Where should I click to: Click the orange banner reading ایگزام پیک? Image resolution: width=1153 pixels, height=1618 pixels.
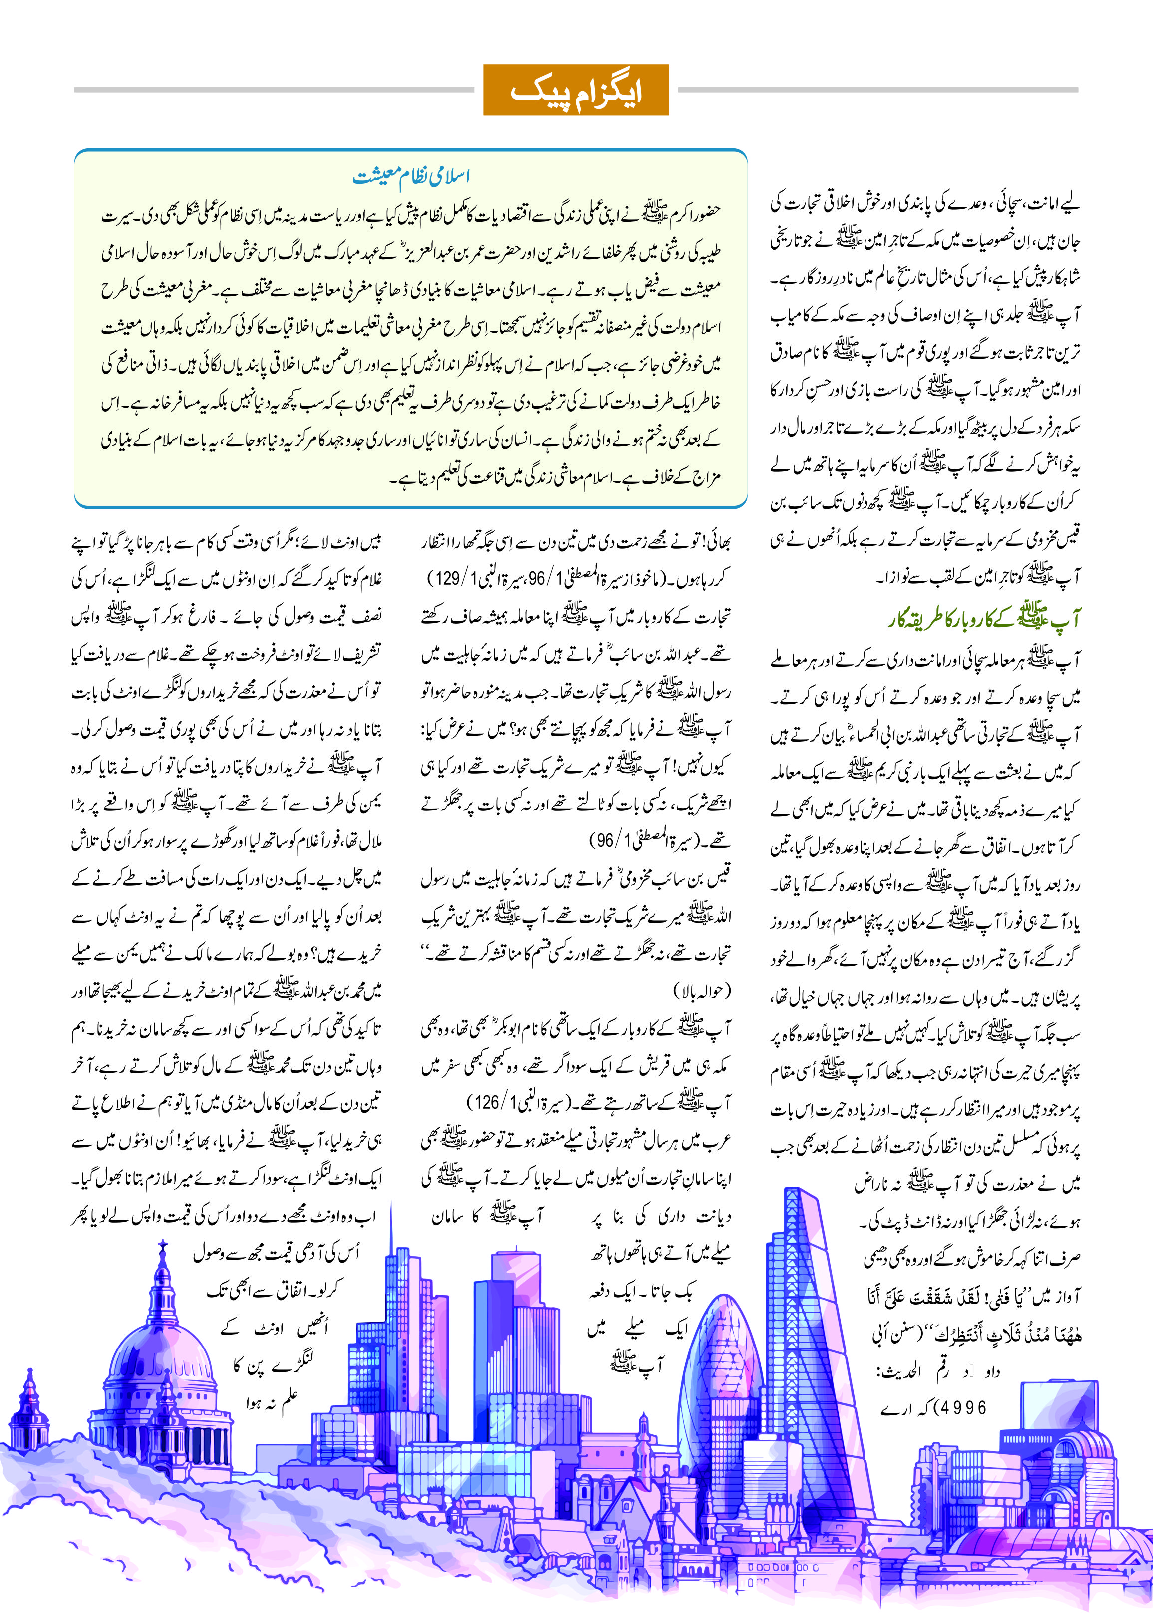tap(576, 90)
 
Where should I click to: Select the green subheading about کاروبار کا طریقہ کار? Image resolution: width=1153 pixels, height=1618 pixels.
tap(983, 618)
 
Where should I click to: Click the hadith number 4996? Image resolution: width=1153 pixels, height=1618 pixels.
tap(963, 1408)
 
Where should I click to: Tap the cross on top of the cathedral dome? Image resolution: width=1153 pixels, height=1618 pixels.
tap(163, 1246)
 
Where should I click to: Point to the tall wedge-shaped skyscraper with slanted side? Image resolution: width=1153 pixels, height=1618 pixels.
tap(817, 1314)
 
